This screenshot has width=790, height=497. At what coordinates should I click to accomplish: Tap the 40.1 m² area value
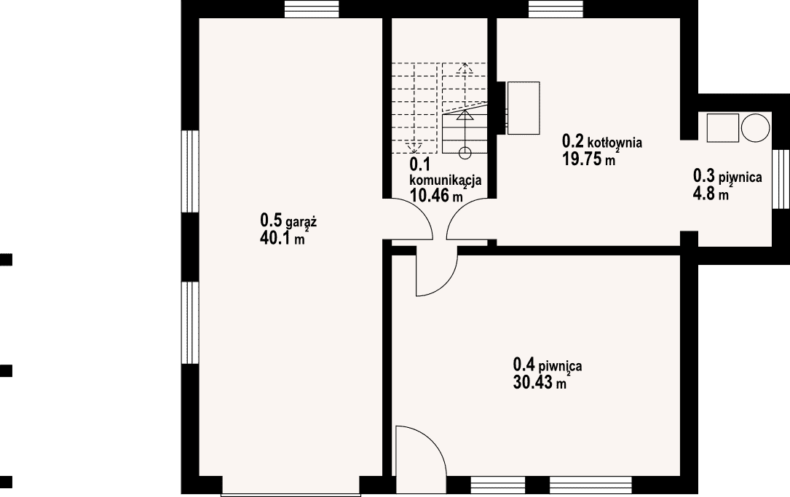(283, 237)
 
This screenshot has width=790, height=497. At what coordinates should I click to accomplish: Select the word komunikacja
(446, 180)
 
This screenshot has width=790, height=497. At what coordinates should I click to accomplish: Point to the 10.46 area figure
(430, 195)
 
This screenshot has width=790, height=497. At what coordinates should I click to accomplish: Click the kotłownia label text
(615, 142)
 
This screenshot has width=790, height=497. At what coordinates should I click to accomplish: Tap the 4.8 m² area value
(711, 193)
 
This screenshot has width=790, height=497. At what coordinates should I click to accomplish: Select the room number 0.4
(524, 364)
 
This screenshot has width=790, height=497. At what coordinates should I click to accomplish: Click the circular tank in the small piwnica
(755, 127)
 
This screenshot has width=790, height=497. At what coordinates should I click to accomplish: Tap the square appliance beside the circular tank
(722, 128)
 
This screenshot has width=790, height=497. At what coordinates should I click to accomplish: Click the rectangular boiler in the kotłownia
(524, 108)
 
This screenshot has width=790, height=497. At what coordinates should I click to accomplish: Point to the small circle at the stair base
(465, 152)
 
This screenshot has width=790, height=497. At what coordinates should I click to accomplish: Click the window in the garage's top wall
(312, 9)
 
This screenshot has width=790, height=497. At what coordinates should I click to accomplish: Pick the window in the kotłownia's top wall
(556, 9)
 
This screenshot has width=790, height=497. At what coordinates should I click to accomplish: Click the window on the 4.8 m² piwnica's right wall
(781, 179)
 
